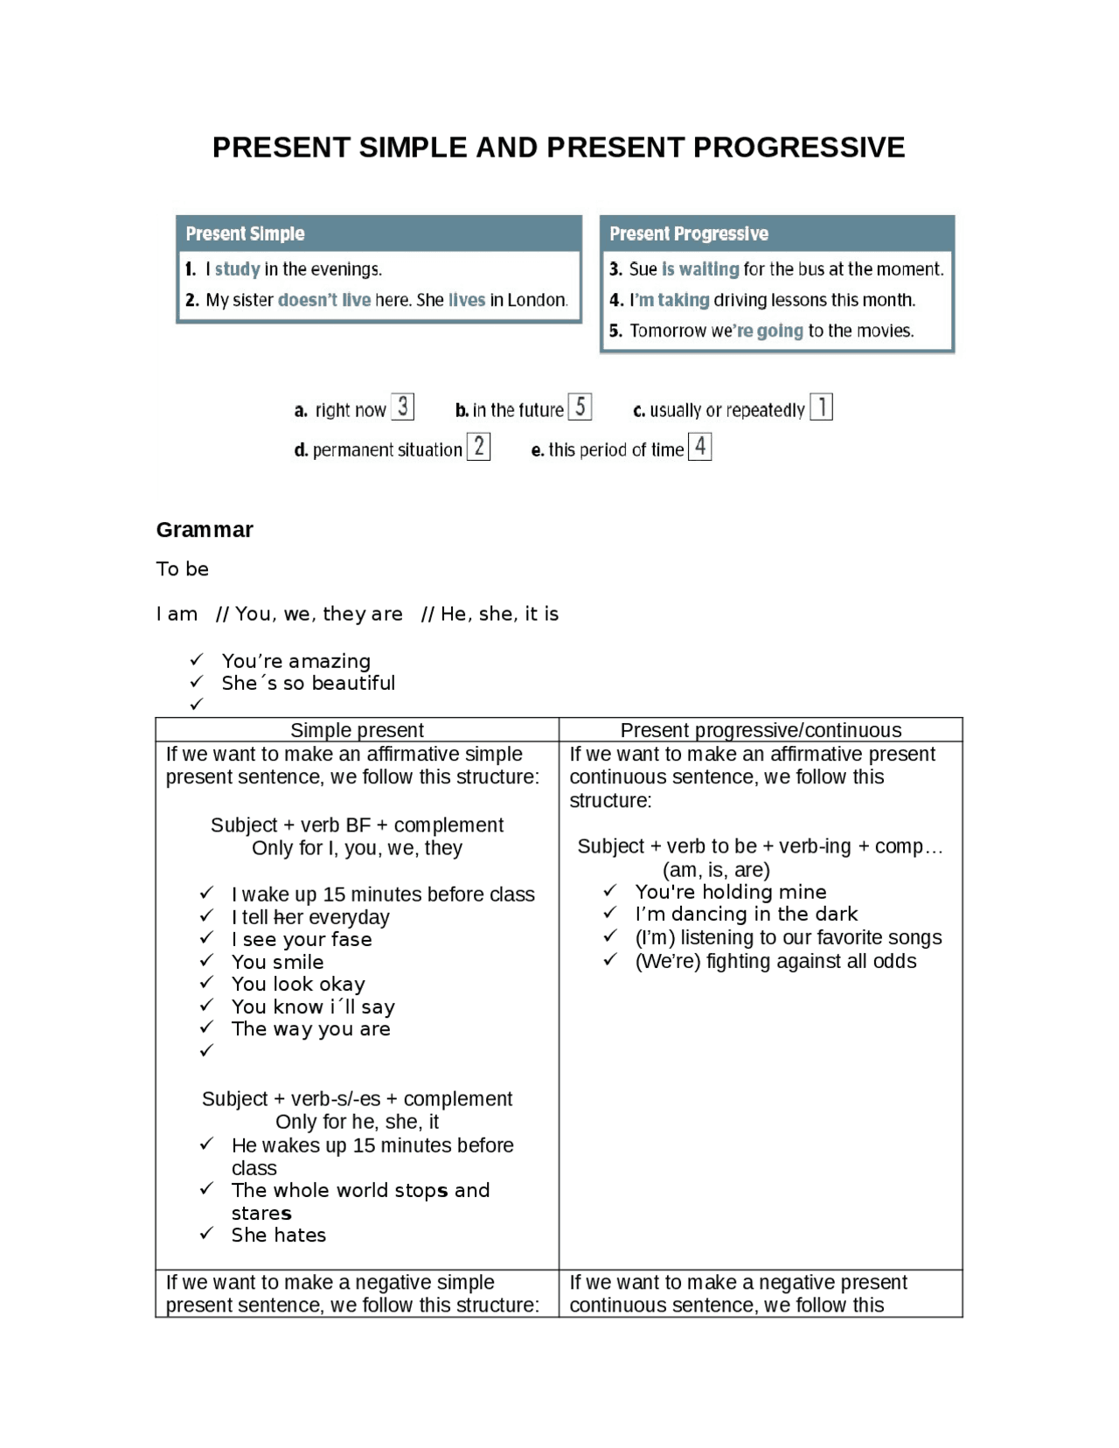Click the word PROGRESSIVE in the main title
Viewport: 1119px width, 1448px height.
click(798, 147)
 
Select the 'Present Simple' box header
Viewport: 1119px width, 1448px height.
click(245, 233)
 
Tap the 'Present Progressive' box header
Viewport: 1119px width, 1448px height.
click(688, 233)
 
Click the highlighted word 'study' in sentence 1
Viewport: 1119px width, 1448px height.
click(237, 269)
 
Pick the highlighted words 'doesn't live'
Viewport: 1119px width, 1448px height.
click(323, 300)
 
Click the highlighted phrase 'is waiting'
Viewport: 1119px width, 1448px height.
click(699, 269)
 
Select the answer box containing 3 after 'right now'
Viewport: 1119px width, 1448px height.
click(402, 407)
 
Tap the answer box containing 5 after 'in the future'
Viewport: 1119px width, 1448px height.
click(580, 407)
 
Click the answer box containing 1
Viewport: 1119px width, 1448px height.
click(821, 407)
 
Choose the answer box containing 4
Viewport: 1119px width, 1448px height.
click(699, 447)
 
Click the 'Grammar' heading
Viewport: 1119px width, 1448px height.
click(205, 530)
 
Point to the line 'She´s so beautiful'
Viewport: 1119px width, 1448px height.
click(308, 683)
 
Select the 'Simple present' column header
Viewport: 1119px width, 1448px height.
click(357, 730)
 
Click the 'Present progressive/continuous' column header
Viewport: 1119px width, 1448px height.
click(761, 730)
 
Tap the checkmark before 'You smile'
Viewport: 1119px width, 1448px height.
click(206, 961)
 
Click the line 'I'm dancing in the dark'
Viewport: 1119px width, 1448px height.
click(746, 914)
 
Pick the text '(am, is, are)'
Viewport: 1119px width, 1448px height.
click(716, 870)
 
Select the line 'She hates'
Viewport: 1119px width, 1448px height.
click(278, 1235)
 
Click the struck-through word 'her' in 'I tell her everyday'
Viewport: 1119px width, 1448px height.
click(288, 917)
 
